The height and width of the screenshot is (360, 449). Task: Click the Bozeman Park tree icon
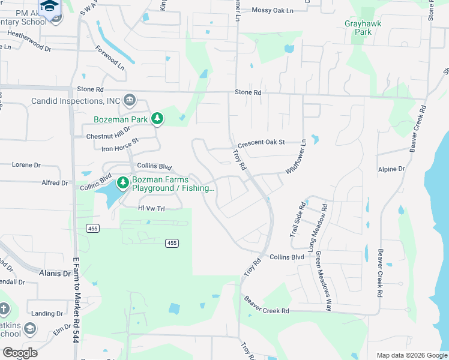pos(157,119)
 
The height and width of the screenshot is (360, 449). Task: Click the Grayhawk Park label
pos(363,28)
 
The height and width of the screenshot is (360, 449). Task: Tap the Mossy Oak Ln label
pos(273,10)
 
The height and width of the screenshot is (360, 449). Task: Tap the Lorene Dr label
pos(26,164)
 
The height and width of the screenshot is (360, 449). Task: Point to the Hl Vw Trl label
pos(151,208)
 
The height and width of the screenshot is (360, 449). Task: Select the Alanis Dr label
pos(55,273)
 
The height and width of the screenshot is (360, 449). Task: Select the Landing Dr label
pos(43,313)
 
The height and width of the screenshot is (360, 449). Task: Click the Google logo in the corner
pos(20,353)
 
